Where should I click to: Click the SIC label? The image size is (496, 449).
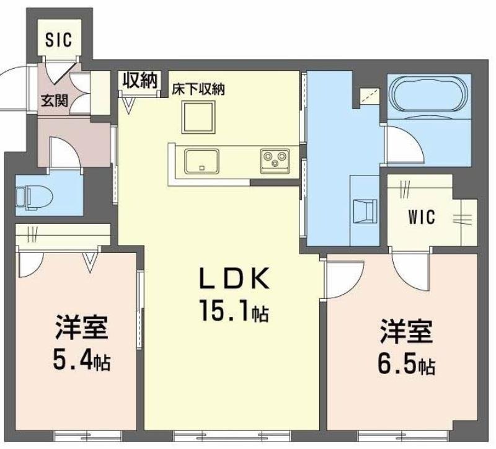pyautogui.click(x=59, y=40)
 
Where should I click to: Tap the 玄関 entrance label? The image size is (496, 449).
pyautogui.click(x=55, y=99)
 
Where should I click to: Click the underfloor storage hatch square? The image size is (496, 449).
pyautogui.click(x=198, y=117)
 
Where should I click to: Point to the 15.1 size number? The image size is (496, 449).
pyautogui.click(x=224, y=309)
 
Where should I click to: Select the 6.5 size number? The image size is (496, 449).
pyautogui.click(x=397, y=362)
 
